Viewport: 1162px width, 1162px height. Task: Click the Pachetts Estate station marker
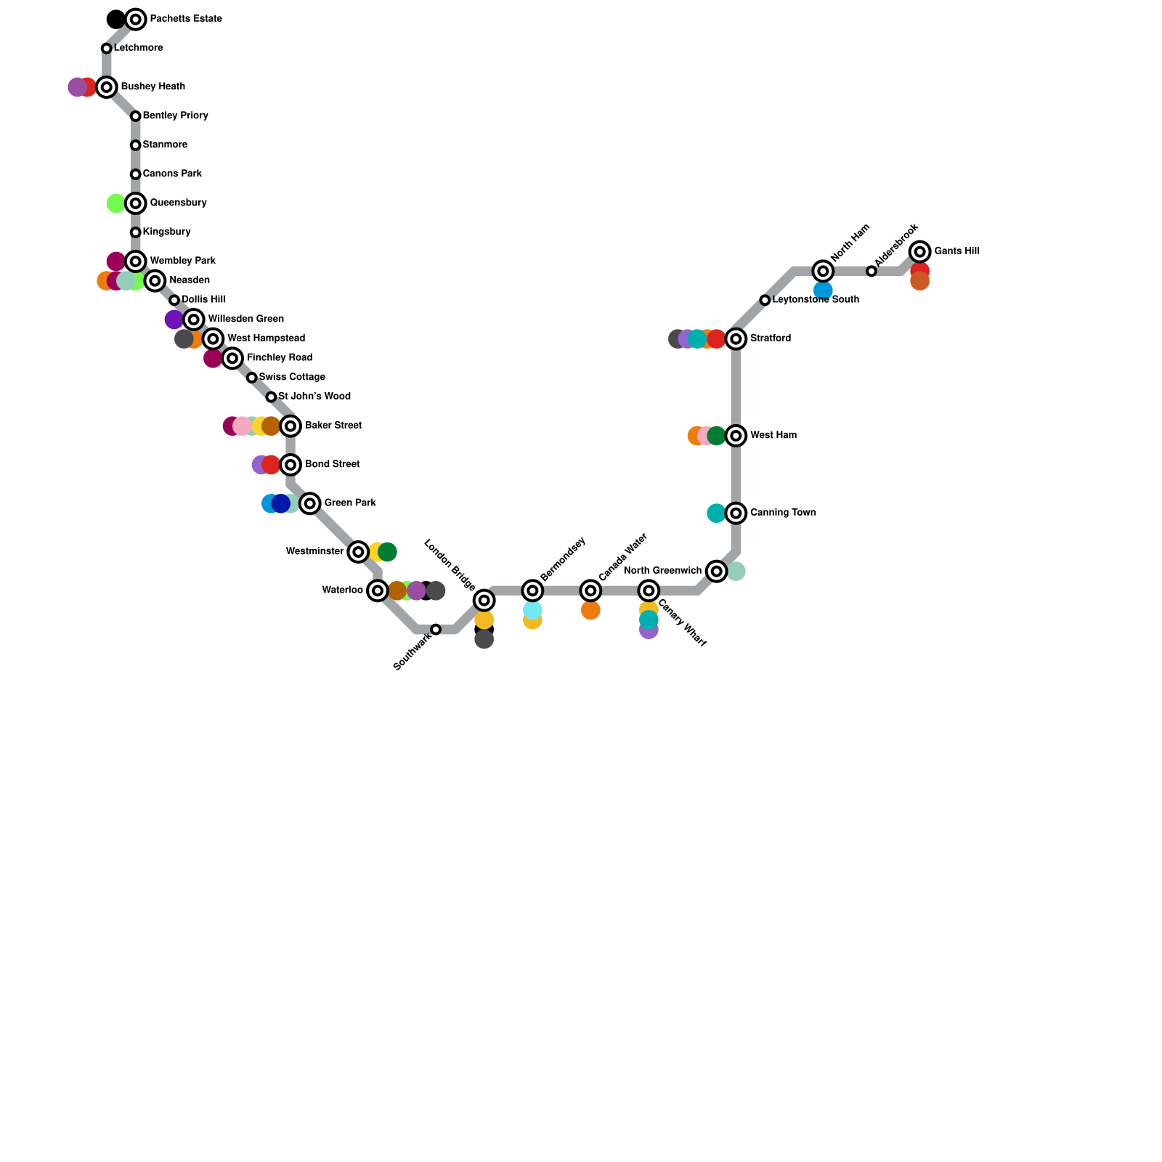[136, 20]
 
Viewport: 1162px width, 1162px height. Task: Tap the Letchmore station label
[138, 48]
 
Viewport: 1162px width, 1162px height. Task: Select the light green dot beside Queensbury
[115, 203]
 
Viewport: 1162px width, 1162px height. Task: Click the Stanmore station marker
[136, 145]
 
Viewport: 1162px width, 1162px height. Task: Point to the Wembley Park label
[182, 261]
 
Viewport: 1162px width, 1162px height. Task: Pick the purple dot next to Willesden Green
[174, 320]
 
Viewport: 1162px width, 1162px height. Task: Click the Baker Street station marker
[290, 426]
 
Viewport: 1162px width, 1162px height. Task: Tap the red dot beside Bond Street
[272, 465]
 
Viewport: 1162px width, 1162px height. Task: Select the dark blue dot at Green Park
[281, 503]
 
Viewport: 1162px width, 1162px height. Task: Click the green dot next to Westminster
[388, 552]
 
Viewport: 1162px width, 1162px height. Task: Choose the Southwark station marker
[436, 629]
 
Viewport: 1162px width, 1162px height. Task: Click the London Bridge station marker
[484, 600]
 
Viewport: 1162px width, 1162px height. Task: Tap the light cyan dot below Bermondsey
[532, 610]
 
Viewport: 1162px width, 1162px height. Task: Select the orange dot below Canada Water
[590, 611]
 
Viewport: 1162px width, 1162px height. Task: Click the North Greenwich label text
[662, 571]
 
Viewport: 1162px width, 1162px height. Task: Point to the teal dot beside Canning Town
[716, 513]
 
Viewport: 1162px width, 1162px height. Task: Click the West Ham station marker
[736, 436]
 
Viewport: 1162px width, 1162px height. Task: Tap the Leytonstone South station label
[816, 299]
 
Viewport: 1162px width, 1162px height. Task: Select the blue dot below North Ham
[823, 290]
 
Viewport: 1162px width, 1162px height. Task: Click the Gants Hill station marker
[920, 252]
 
